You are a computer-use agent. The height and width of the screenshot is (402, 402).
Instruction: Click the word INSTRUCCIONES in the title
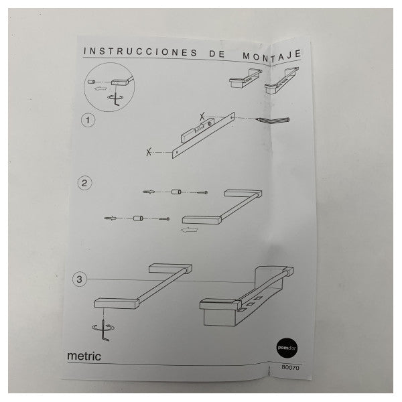click(141, 52)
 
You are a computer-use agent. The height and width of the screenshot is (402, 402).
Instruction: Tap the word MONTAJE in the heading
click(272, 56)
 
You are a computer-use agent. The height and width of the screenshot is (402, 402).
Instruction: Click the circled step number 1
click(88, 120)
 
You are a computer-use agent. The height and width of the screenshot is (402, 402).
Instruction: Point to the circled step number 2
click(84, 183)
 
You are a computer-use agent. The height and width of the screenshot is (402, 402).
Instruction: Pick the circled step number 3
click(80, 279)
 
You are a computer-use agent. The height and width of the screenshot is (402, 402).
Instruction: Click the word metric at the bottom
click(84, 356)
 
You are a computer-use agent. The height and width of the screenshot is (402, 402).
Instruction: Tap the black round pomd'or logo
click(287, 348)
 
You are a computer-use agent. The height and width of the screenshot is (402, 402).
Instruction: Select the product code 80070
click(290, 367)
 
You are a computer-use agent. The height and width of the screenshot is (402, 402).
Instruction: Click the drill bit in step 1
click(273, 120)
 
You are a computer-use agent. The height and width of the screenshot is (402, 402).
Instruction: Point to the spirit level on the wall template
click(196, 131)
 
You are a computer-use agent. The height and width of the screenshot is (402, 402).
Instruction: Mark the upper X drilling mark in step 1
click(202, 117)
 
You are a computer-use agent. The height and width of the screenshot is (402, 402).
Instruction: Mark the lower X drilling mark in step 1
click(149, 152)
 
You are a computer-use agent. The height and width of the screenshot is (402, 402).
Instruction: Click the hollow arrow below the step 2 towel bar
click(189, 229)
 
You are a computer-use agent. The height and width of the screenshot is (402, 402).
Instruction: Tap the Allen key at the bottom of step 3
click(105, 330)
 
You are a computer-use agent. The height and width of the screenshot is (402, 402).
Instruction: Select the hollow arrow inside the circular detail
click(100, 89)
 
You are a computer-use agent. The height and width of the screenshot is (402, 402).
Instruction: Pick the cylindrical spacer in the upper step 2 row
click(176, 192)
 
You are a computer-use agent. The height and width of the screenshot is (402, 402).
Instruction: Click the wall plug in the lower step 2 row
click(111, 218)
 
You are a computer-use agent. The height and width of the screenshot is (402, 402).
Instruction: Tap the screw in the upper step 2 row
click(202, 192)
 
